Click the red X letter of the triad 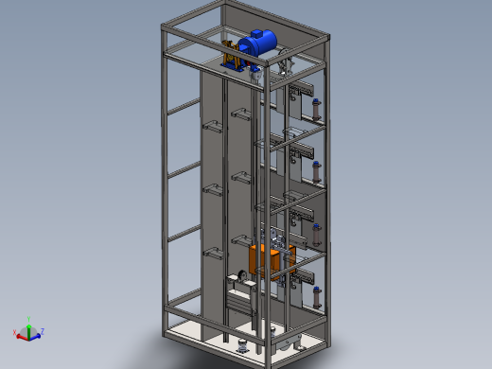pos(14,332)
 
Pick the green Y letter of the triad pos(29,319)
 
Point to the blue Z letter pos(43,329)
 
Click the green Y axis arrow pos(29,326)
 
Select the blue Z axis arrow pos(37,332)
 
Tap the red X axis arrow pos(22,334)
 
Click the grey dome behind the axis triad pos(28,333)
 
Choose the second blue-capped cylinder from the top pos(315,172)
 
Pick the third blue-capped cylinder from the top pos(315,234)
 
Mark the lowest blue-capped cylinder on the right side pos(317,296)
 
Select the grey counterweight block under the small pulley pos(239,301)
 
